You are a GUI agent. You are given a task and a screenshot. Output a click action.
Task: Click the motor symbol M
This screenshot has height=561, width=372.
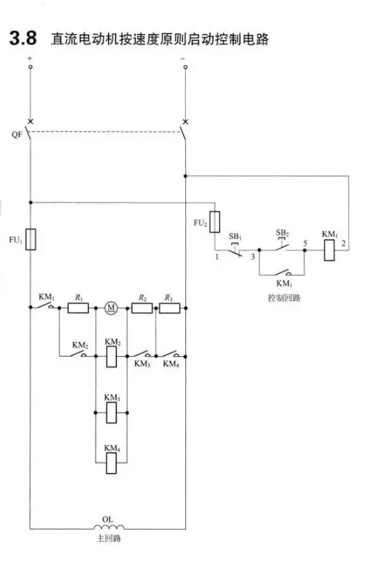coord(111,308)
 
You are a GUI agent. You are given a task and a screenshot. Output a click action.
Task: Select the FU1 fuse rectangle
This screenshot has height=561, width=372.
coord(30,239)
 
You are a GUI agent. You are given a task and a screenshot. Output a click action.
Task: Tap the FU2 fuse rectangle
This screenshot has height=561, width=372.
coord(215,222)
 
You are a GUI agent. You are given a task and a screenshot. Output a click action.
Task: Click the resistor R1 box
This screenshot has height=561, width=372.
coord(78,308)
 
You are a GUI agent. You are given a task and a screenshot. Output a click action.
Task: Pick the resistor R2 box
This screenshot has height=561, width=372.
coord(142,308)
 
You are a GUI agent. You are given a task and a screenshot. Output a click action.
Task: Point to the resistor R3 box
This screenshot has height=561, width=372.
coord(170,308)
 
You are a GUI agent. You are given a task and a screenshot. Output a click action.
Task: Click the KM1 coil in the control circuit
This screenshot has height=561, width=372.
coord(329,250)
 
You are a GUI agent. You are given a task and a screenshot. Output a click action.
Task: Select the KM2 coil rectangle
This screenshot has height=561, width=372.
coord(111,356)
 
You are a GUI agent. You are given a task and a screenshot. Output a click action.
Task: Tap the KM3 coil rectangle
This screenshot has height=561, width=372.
coord(111,412)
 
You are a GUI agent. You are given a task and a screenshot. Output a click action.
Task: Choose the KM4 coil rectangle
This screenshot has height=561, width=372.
coord(111,463)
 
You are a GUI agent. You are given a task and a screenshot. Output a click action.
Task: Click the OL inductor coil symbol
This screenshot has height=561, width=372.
coord(109,526)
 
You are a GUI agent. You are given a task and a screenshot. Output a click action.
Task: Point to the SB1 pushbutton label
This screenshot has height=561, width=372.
coord(235,237)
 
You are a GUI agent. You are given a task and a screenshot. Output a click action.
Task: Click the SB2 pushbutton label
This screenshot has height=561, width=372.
coord(282,233)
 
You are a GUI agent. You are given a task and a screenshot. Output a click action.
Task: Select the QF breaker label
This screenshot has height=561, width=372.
coord(17,135)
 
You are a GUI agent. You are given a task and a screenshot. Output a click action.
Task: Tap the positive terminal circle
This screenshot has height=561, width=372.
coord(30,67)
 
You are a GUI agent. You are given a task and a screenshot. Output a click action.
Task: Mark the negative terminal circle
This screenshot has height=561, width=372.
coord(185,67)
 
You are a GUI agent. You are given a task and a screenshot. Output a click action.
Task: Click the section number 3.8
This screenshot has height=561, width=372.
coord(23,38)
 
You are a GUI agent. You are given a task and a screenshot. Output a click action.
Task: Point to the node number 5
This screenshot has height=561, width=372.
coord(305,243)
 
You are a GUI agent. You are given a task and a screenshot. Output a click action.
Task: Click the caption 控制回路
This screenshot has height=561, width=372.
coord(284,298)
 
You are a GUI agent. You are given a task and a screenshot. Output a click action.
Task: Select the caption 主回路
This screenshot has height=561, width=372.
coord(109,538)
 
